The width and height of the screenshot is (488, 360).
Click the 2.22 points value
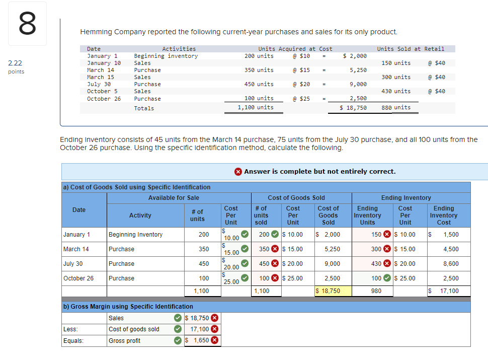click(15, 63)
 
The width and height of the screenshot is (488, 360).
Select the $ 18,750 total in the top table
click(353, 108)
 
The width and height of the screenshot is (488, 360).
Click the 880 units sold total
click(396, 107)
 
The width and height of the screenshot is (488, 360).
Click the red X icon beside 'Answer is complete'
click(238, 172)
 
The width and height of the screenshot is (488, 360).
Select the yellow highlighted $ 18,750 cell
click(328, 291)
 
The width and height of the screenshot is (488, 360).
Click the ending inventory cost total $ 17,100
click(446, 291)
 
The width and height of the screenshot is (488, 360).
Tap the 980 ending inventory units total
click(376, 291)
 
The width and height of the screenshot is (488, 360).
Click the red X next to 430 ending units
click(387, 263)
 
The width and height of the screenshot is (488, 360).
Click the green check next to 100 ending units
click(387, 278)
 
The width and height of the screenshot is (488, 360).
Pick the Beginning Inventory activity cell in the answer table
click(135, 235)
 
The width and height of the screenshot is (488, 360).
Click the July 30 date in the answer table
click(73, 263)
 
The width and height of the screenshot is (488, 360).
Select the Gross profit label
click(124, 341)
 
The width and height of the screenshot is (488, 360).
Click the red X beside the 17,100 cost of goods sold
click(214, 329)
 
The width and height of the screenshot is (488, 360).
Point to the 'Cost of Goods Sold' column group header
click(296, 198)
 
